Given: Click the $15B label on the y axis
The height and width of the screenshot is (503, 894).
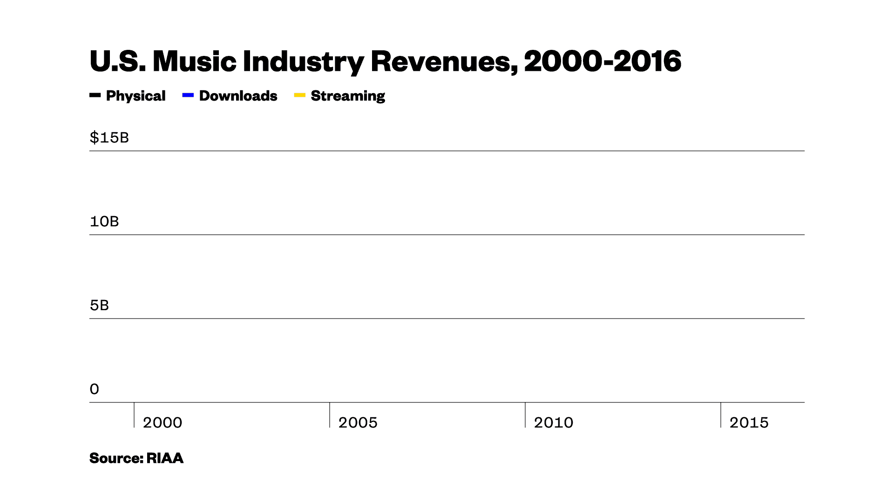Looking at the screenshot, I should click(x=109, y=138).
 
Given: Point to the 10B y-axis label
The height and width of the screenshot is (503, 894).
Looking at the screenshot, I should click(x=104, y=222).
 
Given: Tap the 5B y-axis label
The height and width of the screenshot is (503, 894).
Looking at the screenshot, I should click(x=99, y=306).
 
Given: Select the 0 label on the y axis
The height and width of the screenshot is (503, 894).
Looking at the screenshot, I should click(x=95, y=389).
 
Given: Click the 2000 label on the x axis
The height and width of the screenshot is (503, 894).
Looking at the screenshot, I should click(x=162, y=423).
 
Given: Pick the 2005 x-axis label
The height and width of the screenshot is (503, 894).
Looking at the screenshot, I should click(x=358, y=423).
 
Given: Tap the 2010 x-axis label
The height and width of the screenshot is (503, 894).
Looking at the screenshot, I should click(x=553, y=423).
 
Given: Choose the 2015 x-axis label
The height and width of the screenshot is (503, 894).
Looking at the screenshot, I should click(x=749, y=423).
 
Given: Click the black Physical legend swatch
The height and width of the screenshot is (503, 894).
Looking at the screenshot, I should click(x=95, y=95).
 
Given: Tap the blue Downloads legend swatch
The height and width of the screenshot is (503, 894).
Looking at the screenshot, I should click(x=188, y=95).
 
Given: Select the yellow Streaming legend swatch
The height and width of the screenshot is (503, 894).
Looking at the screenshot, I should click(x=300, y=95).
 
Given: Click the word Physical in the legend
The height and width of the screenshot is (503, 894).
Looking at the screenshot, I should click(x=135, y=96).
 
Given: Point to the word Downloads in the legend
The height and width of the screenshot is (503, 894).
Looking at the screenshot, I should click(x=238, y=96).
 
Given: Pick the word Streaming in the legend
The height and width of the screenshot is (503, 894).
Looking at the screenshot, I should click(x=348, y=96).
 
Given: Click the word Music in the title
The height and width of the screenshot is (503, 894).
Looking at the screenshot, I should click(x=194, y=61).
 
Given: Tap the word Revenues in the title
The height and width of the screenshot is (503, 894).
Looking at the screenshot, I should click(x=444, y=61).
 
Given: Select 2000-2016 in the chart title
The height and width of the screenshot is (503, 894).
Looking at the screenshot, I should click(x=603, y=61).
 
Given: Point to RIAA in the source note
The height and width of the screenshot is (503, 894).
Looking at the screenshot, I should click(x=165, y=458).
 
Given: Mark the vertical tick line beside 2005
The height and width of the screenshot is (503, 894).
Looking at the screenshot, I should click(x=330, y=415).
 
